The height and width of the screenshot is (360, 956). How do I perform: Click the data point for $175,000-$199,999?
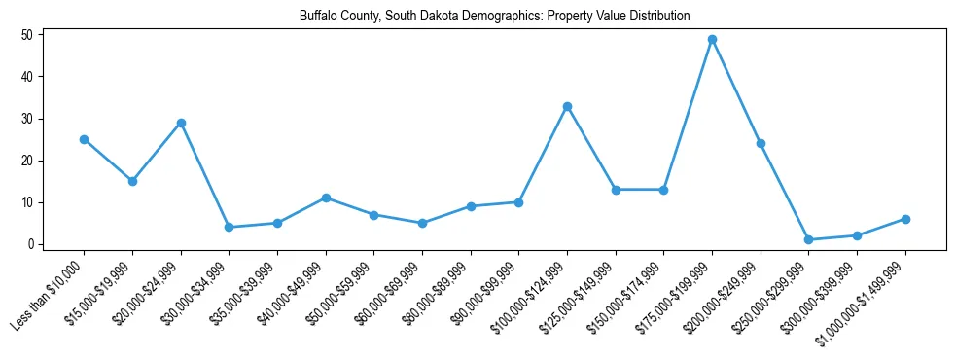point(712,40)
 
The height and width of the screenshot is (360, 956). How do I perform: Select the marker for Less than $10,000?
point(84,139)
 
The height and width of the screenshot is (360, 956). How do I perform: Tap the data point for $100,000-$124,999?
point(567,106)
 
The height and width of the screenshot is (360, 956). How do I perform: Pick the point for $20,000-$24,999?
point(181,123)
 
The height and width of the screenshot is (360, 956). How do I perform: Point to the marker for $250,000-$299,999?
point(808,239)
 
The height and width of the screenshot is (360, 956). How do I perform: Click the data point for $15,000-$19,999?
point(132,181)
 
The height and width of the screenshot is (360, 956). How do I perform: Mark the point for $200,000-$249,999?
point(761,144)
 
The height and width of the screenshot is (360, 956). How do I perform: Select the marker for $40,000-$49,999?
point(326,198)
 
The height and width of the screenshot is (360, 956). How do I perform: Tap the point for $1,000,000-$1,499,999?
point(905,219)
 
